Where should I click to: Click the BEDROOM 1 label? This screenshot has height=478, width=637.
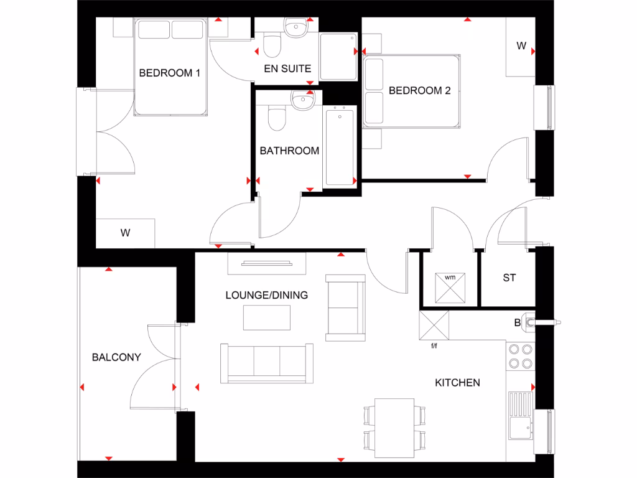pyautogui.click(x=169, y=73)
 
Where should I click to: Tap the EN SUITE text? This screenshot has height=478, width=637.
pyautogui.click(x=287, y=68)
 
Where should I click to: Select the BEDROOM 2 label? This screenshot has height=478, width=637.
pyautogui.click(x=419, y=90)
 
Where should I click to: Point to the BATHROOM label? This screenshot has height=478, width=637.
pyautogui.click(x=289, y=151)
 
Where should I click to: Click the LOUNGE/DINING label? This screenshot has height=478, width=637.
pyautogui.click(x=266, y=295)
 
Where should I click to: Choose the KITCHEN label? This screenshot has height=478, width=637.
pyautogui.click(x=457, y=382)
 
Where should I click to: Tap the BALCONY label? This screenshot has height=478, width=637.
pyautogui.click(x=116, y=357)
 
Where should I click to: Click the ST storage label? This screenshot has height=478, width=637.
pyautogui.click(x=509, y=278)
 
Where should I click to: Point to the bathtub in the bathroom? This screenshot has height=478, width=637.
pyautogui.click(x=339, y=146)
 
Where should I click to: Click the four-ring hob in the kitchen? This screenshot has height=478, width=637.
pyautogui.click(x=521, y=356)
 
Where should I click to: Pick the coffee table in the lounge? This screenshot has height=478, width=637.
pyautogui.click(x=267, y=317)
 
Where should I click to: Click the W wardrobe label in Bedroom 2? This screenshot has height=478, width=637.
pyautogui.click(x=521, y=46)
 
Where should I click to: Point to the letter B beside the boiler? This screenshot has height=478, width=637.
pyautogui.click(x=517, y=322)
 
